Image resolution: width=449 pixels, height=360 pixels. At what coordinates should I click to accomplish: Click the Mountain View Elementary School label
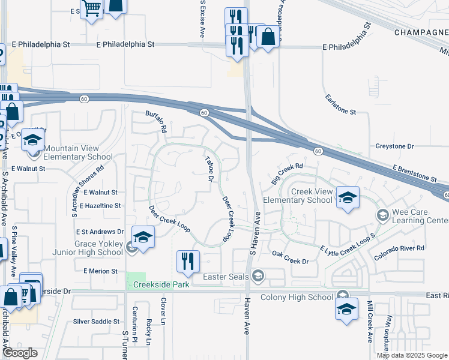click(78, 152)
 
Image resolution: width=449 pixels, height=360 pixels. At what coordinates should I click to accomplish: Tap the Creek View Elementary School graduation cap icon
click(347, 197)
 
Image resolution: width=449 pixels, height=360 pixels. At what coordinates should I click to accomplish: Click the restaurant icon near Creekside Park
click(188, 261)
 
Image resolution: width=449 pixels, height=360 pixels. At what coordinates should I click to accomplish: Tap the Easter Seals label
click(226, 277)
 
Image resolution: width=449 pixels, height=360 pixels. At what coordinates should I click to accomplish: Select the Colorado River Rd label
click(399, 248)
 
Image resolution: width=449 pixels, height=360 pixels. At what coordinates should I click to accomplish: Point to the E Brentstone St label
click(415, 174)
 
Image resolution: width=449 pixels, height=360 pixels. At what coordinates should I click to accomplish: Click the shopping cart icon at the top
click(91, 9)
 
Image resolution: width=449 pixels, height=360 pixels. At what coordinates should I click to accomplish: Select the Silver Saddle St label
click(96, 322)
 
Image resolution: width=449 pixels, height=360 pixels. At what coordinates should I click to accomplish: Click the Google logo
click(20, 353)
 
